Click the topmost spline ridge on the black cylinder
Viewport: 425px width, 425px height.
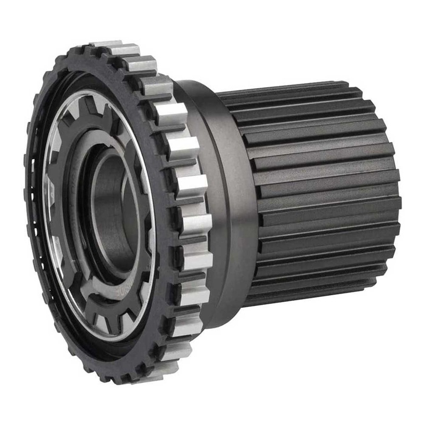tap(287, 88)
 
